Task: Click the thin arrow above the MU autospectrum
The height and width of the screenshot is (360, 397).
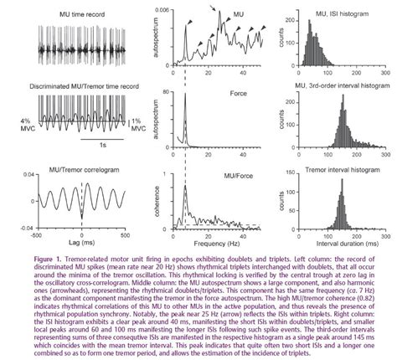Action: [211, 10]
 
